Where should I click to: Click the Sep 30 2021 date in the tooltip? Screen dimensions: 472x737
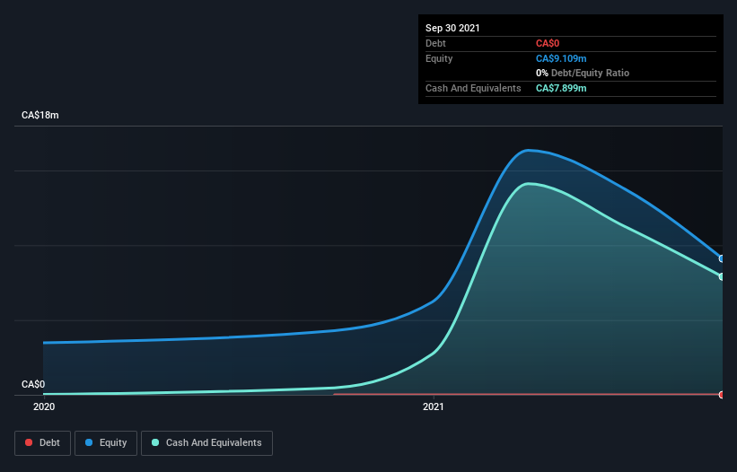coord(452,28)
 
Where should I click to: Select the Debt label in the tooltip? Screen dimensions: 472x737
coord(435,43)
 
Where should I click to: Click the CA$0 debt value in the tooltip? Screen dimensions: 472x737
coord(548,43)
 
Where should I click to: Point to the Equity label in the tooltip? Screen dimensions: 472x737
coord(439,58)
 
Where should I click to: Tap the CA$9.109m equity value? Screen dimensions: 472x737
coord(561,58)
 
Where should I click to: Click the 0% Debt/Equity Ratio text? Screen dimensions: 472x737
coord(582,73)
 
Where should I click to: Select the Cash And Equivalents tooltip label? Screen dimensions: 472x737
coord(473,88)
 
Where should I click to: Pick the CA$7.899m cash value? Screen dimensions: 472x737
coord(561,88)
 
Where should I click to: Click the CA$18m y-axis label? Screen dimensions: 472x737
coord(39,116)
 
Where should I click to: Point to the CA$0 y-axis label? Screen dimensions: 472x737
coord(33,384)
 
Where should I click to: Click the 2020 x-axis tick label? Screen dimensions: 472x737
coord(43,407)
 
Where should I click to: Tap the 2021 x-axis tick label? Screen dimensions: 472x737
coord(434,407)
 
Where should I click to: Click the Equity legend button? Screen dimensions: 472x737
coord(107,442)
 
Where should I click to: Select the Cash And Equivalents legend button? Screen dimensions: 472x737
coord(206,442)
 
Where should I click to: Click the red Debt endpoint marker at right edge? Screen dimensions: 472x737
coord(722,395)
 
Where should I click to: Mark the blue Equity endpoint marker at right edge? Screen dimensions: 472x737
coord(722,258)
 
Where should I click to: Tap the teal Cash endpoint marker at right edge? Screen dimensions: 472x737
coord(722,276)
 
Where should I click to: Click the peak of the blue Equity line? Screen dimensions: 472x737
coord(530,150)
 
